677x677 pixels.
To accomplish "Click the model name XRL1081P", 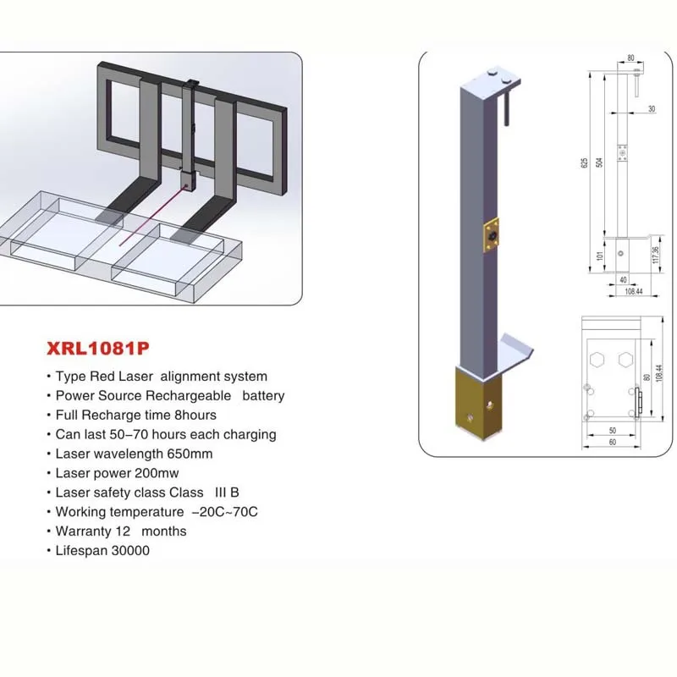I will (x=91, y=347).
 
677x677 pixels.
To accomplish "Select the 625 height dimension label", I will (x=583, y=162).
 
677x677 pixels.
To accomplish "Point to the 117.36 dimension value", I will (x=655, y=254).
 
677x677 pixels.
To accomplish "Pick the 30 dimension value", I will (x=651, y=108).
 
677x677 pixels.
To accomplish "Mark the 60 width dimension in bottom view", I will (x=611, y=443).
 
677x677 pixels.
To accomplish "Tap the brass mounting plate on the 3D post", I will (x=490, y=236).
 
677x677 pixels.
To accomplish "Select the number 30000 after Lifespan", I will (x=128, y=551).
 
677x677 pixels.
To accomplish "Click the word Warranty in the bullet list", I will (x=81, y=531).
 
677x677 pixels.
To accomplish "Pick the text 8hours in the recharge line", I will (x=194, y=415).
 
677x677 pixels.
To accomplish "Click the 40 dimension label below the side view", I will (x=622, y=278).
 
